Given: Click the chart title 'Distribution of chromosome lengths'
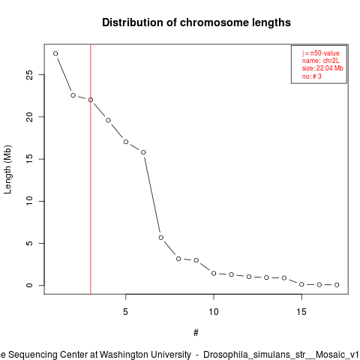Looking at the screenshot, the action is tap(196, 22).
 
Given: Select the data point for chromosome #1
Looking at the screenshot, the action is tap(55, 53).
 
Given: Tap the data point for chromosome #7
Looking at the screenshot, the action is tap(161, 237).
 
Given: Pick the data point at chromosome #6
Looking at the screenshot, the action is tap(143, 152).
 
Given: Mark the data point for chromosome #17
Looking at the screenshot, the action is tap(337, 285).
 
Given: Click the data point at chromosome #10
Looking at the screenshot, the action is tap(214, 273).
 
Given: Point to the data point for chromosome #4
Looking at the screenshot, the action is tap(108, 120).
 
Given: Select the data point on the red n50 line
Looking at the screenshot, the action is tap(91, 100).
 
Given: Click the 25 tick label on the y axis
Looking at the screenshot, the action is tap(29, 75).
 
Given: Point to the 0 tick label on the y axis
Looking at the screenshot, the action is tap(29, 285).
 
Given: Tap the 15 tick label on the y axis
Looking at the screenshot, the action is tap(29, 159).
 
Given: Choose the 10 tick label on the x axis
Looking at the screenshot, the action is tap(214, 312).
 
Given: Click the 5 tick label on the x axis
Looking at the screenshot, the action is tap(125, 312).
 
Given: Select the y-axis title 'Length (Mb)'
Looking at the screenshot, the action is tap(7, 169).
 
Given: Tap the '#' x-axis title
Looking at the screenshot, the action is tap(196, 333).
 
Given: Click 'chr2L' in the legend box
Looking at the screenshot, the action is tap(331, 61).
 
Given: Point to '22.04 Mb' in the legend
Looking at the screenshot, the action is tap(330, 68).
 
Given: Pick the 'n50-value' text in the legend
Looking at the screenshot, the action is tap(325, 53).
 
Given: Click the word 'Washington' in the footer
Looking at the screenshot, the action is tap(145, 355).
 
